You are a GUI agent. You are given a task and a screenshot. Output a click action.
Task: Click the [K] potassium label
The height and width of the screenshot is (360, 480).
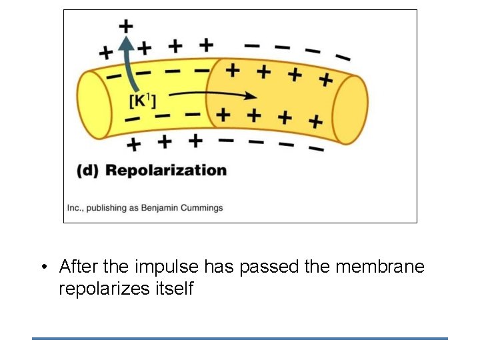(142, 101)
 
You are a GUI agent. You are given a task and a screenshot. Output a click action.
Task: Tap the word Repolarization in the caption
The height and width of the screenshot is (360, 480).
(166, 170)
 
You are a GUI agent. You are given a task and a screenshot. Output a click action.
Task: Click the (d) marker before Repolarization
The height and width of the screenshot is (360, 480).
(88, 170)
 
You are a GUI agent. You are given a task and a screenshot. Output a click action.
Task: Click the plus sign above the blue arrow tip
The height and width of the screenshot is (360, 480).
(126, 27)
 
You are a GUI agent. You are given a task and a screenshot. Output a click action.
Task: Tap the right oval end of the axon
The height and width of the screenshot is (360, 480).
(350, 109)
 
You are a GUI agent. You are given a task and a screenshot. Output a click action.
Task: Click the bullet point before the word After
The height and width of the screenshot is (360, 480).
(43, 268)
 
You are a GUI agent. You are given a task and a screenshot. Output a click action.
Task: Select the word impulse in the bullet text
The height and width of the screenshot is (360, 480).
(166, 267)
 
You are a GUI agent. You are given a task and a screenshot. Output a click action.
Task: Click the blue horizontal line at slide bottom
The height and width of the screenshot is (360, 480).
(240, 339)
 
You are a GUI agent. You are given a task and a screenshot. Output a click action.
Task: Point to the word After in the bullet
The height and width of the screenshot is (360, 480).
(79, 267)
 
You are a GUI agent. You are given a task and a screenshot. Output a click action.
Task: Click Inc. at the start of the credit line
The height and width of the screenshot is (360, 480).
(75, 207)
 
